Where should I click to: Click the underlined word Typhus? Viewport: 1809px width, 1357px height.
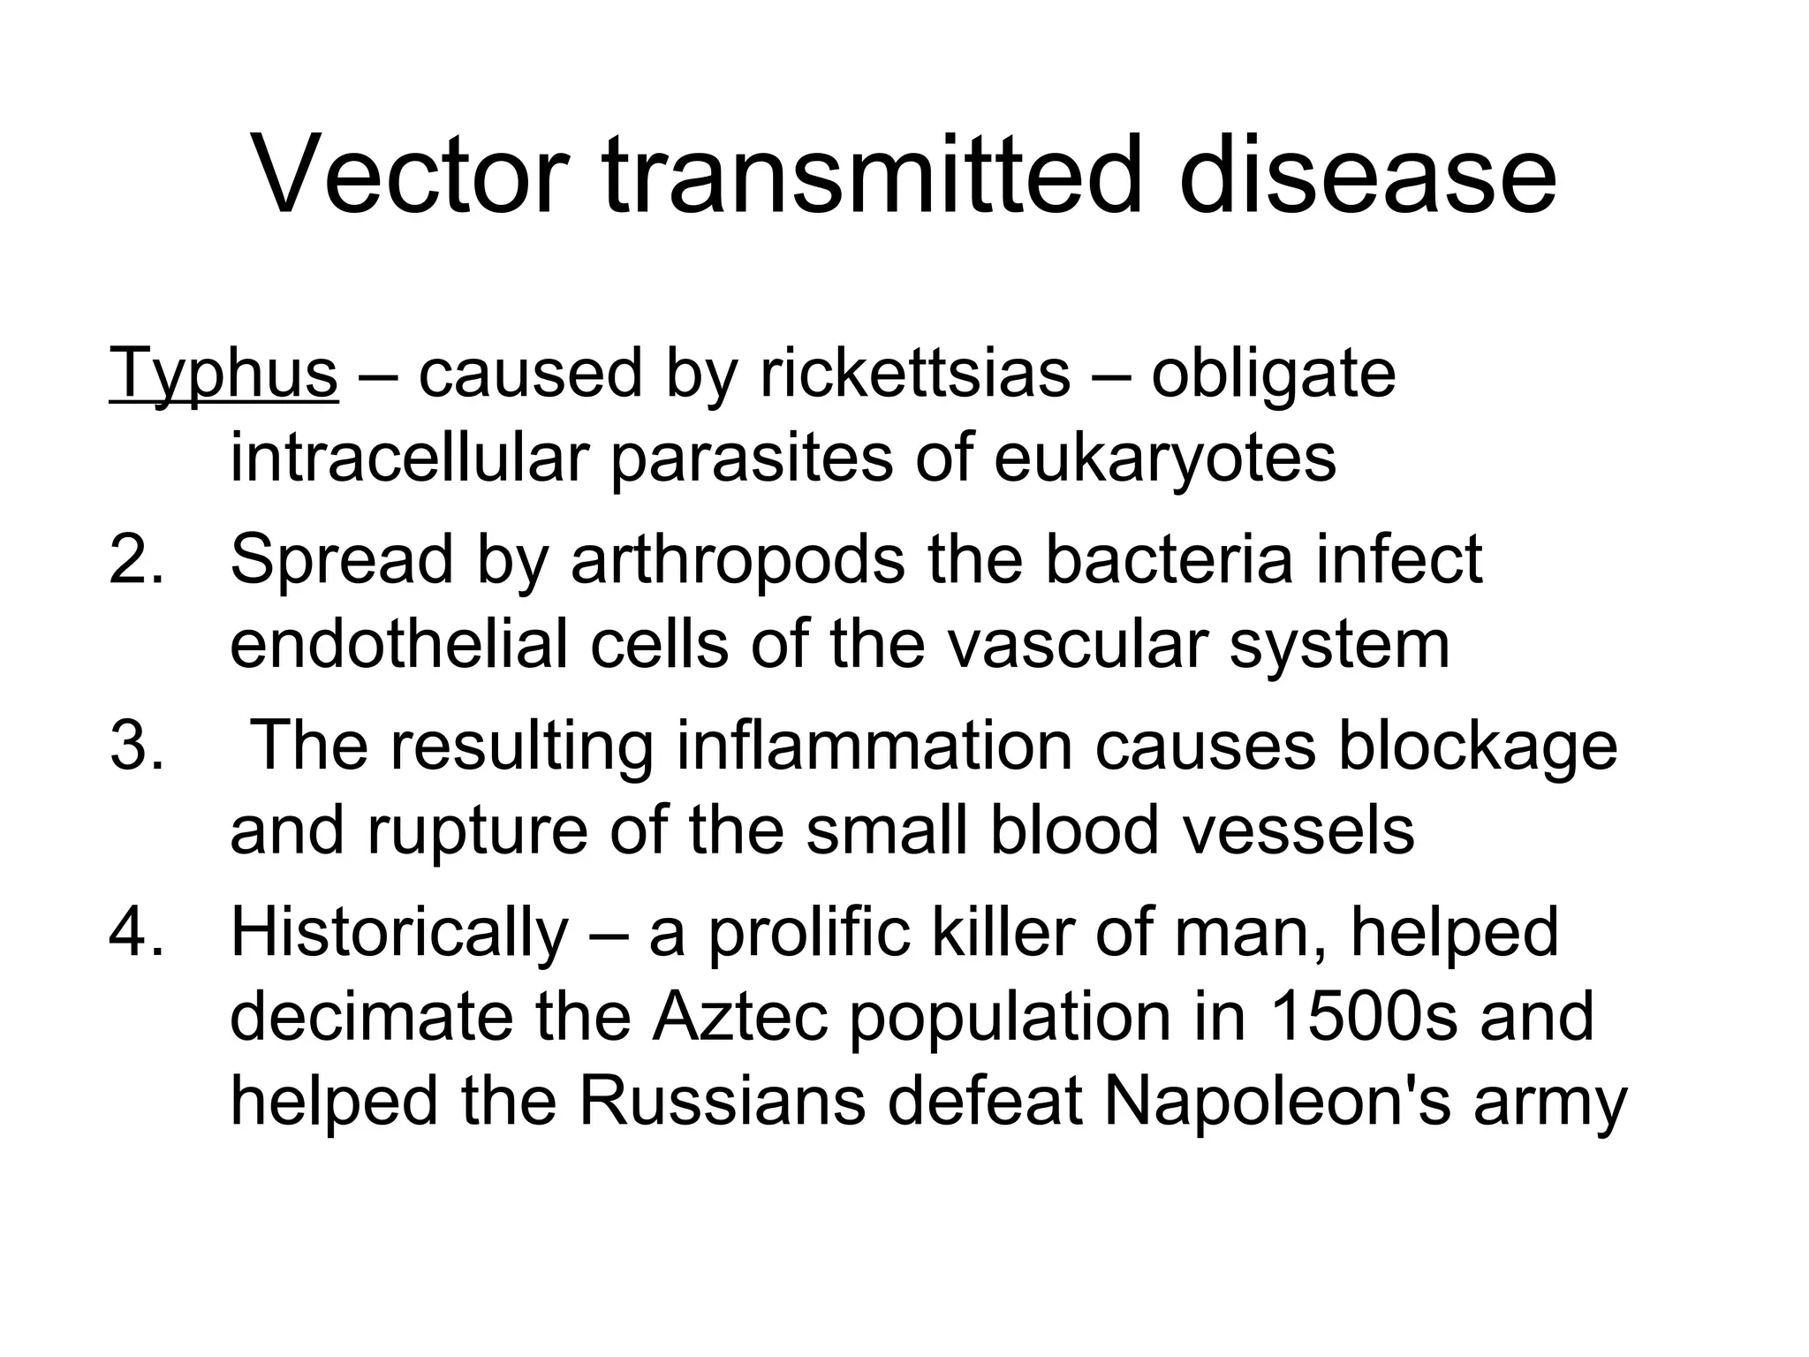(x=223, y=374)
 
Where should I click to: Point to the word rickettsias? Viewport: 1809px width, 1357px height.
(x=914, y=374)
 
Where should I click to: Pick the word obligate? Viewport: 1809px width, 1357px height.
(x=1273, y=374)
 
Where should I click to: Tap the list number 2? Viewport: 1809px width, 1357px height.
(x=136, y=558)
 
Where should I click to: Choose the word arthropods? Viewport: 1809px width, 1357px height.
(x=738, y=558)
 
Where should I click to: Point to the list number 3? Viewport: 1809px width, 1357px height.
(x=136, y=745)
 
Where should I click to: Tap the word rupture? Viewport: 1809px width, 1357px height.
(x=477, y=830)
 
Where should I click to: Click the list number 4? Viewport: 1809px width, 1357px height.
(x=136, y=931)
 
